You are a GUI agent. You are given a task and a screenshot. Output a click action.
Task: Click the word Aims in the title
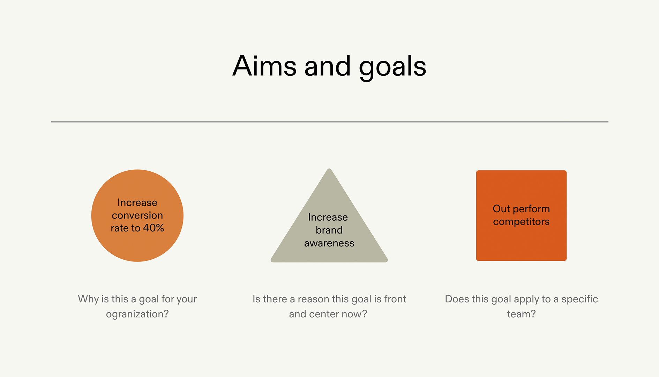pyautogui.click(x=264, y=66)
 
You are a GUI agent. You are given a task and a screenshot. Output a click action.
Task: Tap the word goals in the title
pyautogui.click(x=392, y=67)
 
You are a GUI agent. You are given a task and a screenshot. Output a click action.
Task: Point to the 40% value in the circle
pyautogui.click(x=153, y=228)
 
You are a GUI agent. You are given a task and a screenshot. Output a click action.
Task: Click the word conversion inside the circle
pyautogui.click(x=137, y=215)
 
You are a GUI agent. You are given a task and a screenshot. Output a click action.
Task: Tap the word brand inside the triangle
pyautogui.click(x=329, y=230)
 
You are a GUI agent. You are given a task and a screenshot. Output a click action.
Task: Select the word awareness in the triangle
pyautogui.click(x=329, y=243)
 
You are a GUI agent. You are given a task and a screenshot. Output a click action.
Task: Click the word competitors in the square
pyautogui.click(x=521, y=222)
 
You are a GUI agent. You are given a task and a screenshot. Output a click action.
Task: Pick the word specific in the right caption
pyautogui.click(x=579, y=299)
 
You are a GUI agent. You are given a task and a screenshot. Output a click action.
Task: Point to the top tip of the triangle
pyautogui.click(x=329, y=170)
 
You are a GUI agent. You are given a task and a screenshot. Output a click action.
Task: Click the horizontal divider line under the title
pyautogui.click(x=329, y=122)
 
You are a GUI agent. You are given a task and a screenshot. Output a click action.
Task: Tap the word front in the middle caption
pyautogui.click(x=395, y=299)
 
